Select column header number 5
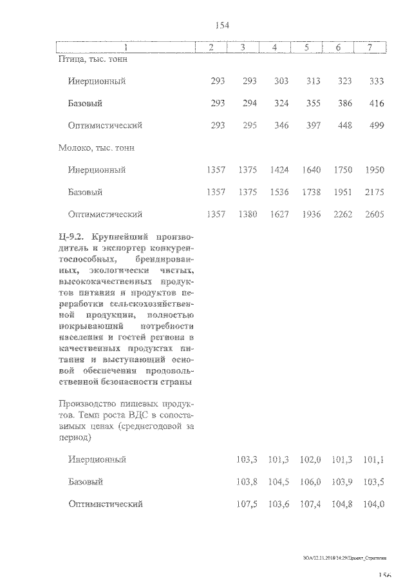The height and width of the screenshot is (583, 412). point(306,48)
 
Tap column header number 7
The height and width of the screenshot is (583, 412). point(370,48)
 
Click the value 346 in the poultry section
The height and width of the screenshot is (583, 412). point(281,126)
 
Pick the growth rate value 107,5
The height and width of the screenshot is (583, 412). point(247,504)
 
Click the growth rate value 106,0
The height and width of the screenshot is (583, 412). point(311,482)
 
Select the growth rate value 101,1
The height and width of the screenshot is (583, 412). point(374,459)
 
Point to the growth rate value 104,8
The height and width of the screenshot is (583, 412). point(342,504)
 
